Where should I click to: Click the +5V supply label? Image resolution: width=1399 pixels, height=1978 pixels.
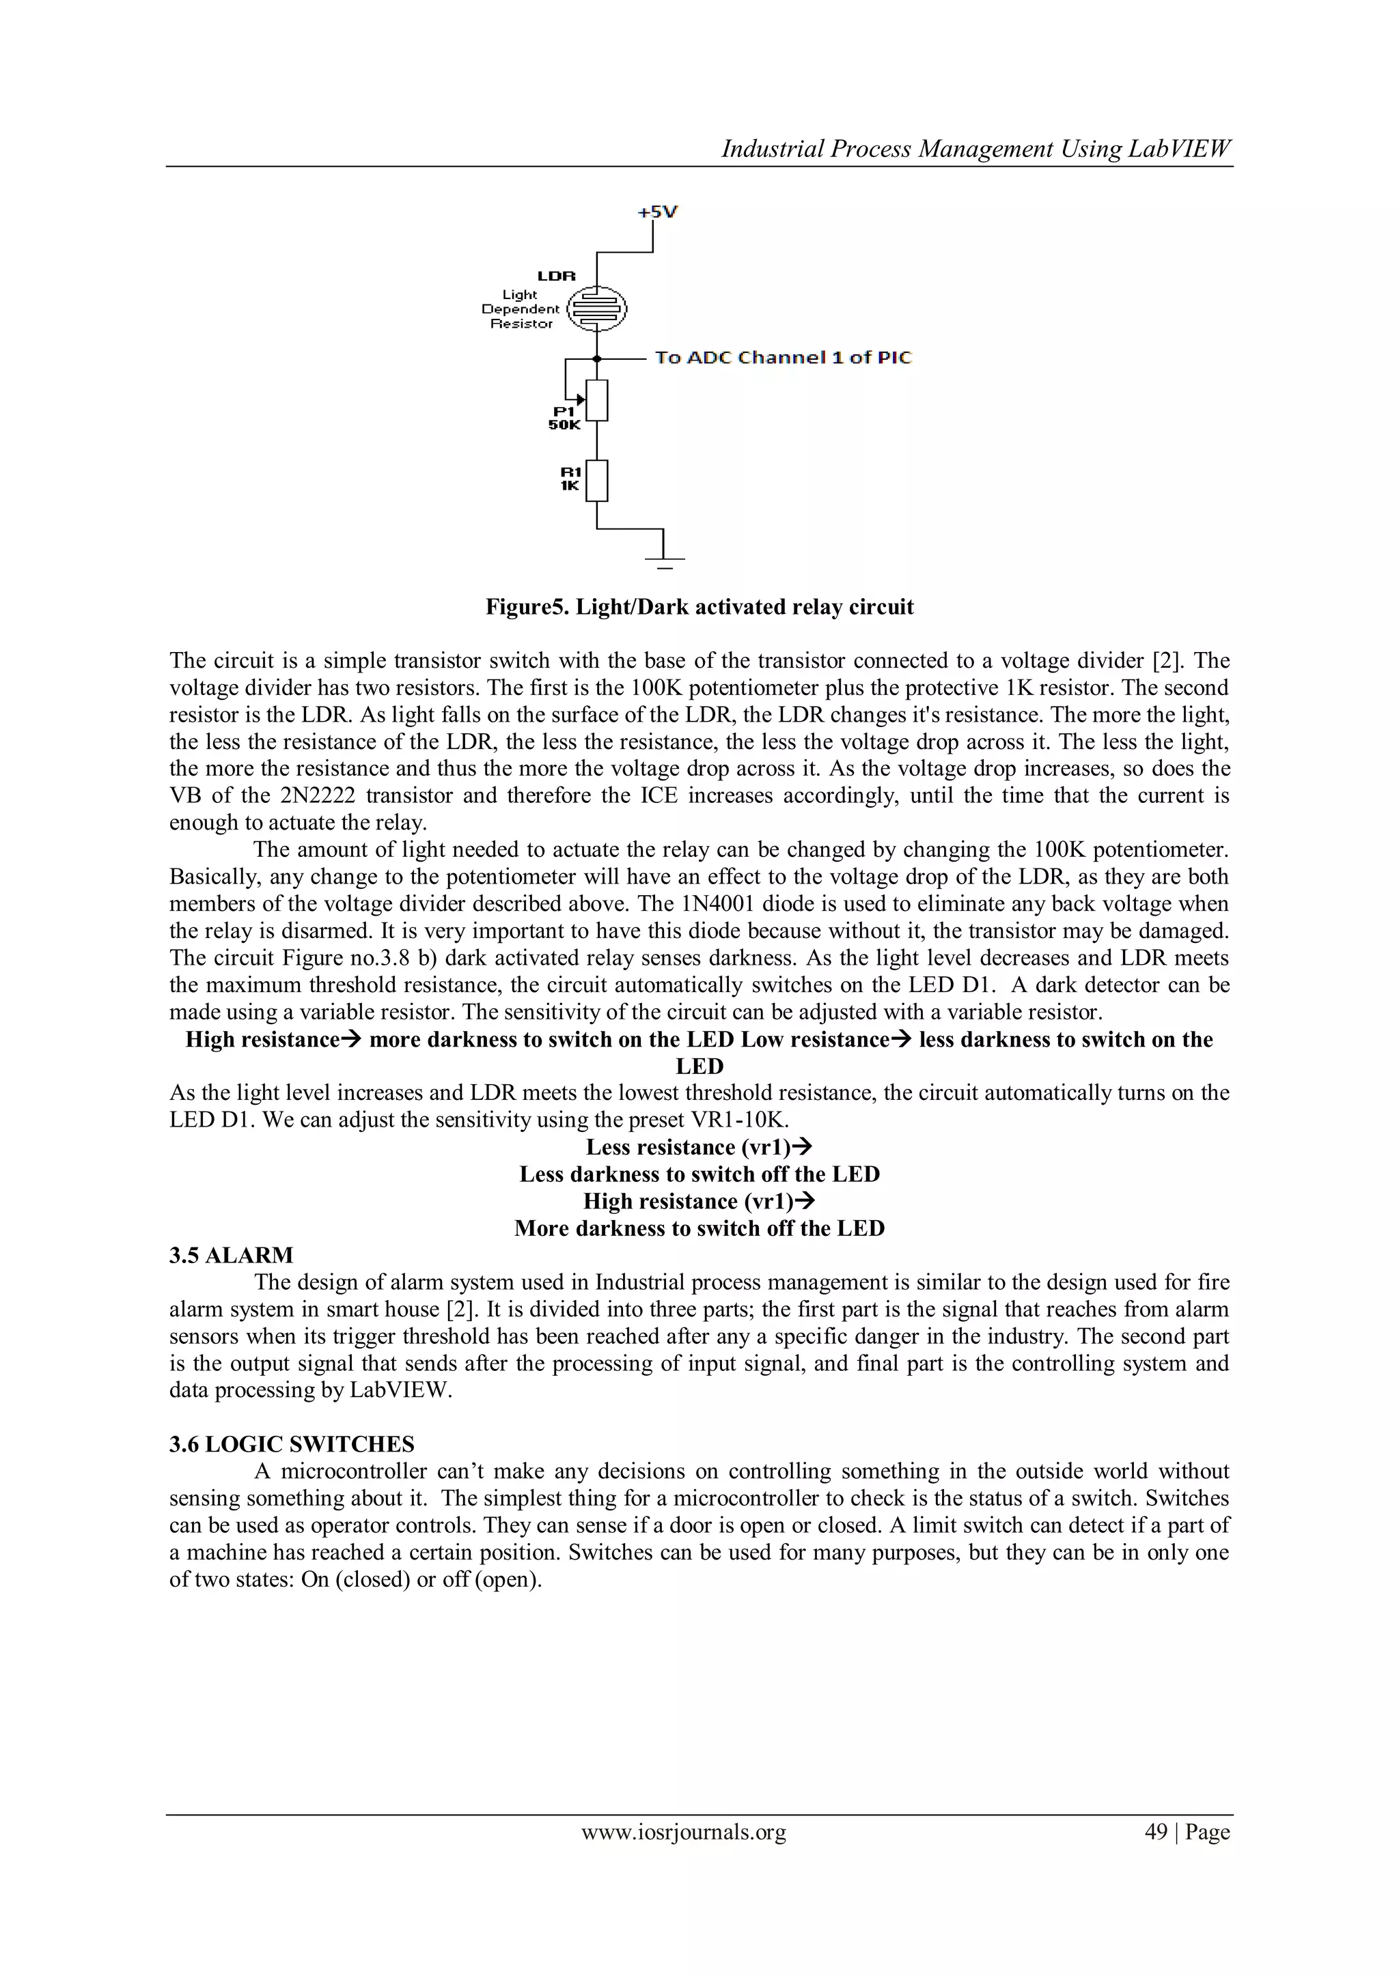coord(657,211)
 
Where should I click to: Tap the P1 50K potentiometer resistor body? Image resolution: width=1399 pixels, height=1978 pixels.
coord(597,399)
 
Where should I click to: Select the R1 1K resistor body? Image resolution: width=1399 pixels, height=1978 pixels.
coord(597,481)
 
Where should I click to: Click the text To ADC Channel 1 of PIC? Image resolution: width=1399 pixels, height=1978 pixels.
coord(783,358)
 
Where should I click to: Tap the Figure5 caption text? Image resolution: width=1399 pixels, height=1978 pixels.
coord(699,608)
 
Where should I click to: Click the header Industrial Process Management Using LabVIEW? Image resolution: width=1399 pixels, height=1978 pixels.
coord(975,149)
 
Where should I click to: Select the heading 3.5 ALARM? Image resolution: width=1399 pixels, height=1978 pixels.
coord(231,1255)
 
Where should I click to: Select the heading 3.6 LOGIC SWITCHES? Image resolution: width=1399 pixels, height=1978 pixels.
coord(292,1444)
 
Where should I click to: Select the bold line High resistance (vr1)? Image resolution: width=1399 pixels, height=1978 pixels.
coord(699,1201)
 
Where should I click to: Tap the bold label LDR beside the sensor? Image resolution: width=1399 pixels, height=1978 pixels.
coord(556,277)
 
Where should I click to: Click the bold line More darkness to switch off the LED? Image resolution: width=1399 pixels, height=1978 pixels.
coord(699,1228)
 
